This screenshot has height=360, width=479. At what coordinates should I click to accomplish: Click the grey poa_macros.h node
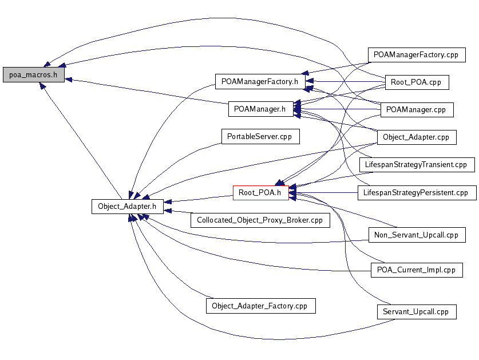(x=34, y=75)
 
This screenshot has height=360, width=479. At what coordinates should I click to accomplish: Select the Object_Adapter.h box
(x=128, y=207)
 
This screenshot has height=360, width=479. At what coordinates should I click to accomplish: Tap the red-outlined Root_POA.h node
(x=260, y=193)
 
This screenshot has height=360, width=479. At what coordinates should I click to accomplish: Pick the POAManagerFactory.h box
(x=260, y=82)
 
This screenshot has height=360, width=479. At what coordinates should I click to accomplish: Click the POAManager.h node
(x=260, y=109)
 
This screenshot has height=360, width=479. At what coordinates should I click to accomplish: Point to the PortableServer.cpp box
(x=260, y=137)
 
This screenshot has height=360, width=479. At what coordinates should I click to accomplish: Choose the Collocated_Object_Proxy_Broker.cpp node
(x=260, y=220)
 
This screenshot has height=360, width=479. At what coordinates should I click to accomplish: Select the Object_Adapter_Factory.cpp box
(x=260, y=306)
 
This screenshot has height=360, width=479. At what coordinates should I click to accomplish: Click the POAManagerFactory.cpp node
(x=417, y=55)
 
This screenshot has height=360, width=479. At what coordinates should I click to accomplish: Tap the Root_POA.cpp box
(x=417, y=82)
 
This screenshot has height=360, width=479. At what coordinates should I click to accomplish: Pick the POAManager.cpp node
(x=417, y=110)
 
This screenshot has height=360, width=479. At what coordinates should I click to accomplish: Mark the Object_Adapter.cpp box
(x=417, y=137)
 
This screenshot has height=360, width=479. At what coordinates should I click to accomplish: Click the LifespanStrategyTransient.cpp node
(x=417, y=165)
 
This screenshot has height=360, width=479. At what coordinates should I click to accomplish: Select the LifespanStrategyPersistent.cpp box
(x=417, y=193)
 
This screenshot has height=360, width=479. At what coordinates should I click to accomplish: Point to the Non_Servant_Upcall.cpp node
(x=417, y=235)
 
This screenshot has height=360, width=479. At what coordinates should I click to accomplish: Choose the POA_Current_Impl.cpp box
(x=417, y=270)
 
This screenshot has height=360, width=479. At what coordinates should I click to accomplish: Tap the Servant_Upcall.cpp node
(x=417, y=312)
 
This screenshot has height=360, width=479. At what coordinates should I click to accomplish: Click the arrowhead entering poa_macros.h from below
(x=42, y=86)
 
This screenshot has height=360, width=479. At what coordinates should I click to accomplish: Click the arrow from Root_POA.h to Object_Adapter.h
(x=198, y=199)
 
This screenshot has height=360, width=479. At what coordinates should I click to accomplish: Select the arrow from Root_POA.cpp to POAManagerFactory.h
(x=346, y=81)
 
